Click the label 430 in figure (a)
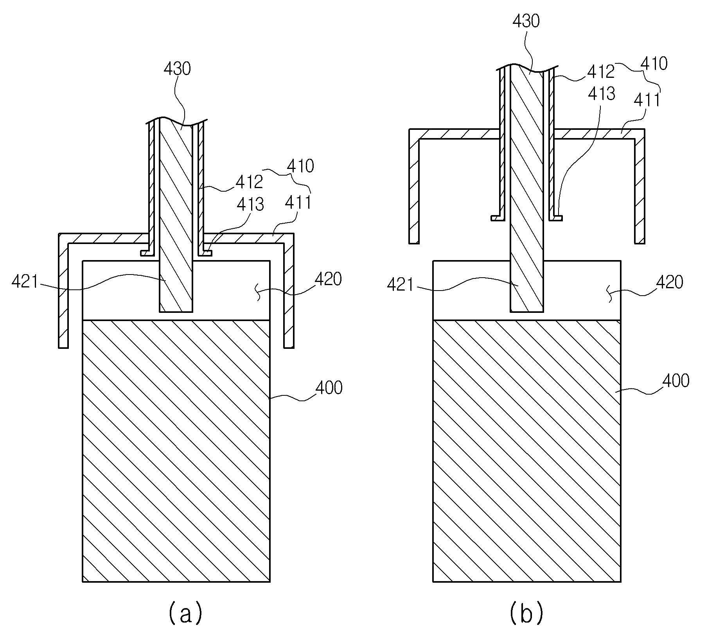click(177, 69)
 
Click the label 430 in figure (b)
click(526, 20)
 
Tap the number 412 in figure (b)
click(601, 72)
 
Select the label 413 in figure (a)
click(250, 205)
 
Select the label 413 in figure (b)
click(602, 93)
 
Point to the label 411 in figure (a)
click(298, 203)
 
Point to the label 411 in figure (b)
click(647, 100)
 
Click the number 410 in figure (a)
click(300, 166)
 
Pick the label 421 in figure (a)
click(25, 282)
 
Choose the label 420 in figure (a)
click(328, 279)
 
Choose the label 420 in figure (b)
click(669, 282)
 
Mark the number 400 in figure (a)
click(329, 388)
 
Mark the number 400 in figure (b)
click(675, 381)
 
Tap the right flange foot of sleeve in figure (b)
click(556, 218)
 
